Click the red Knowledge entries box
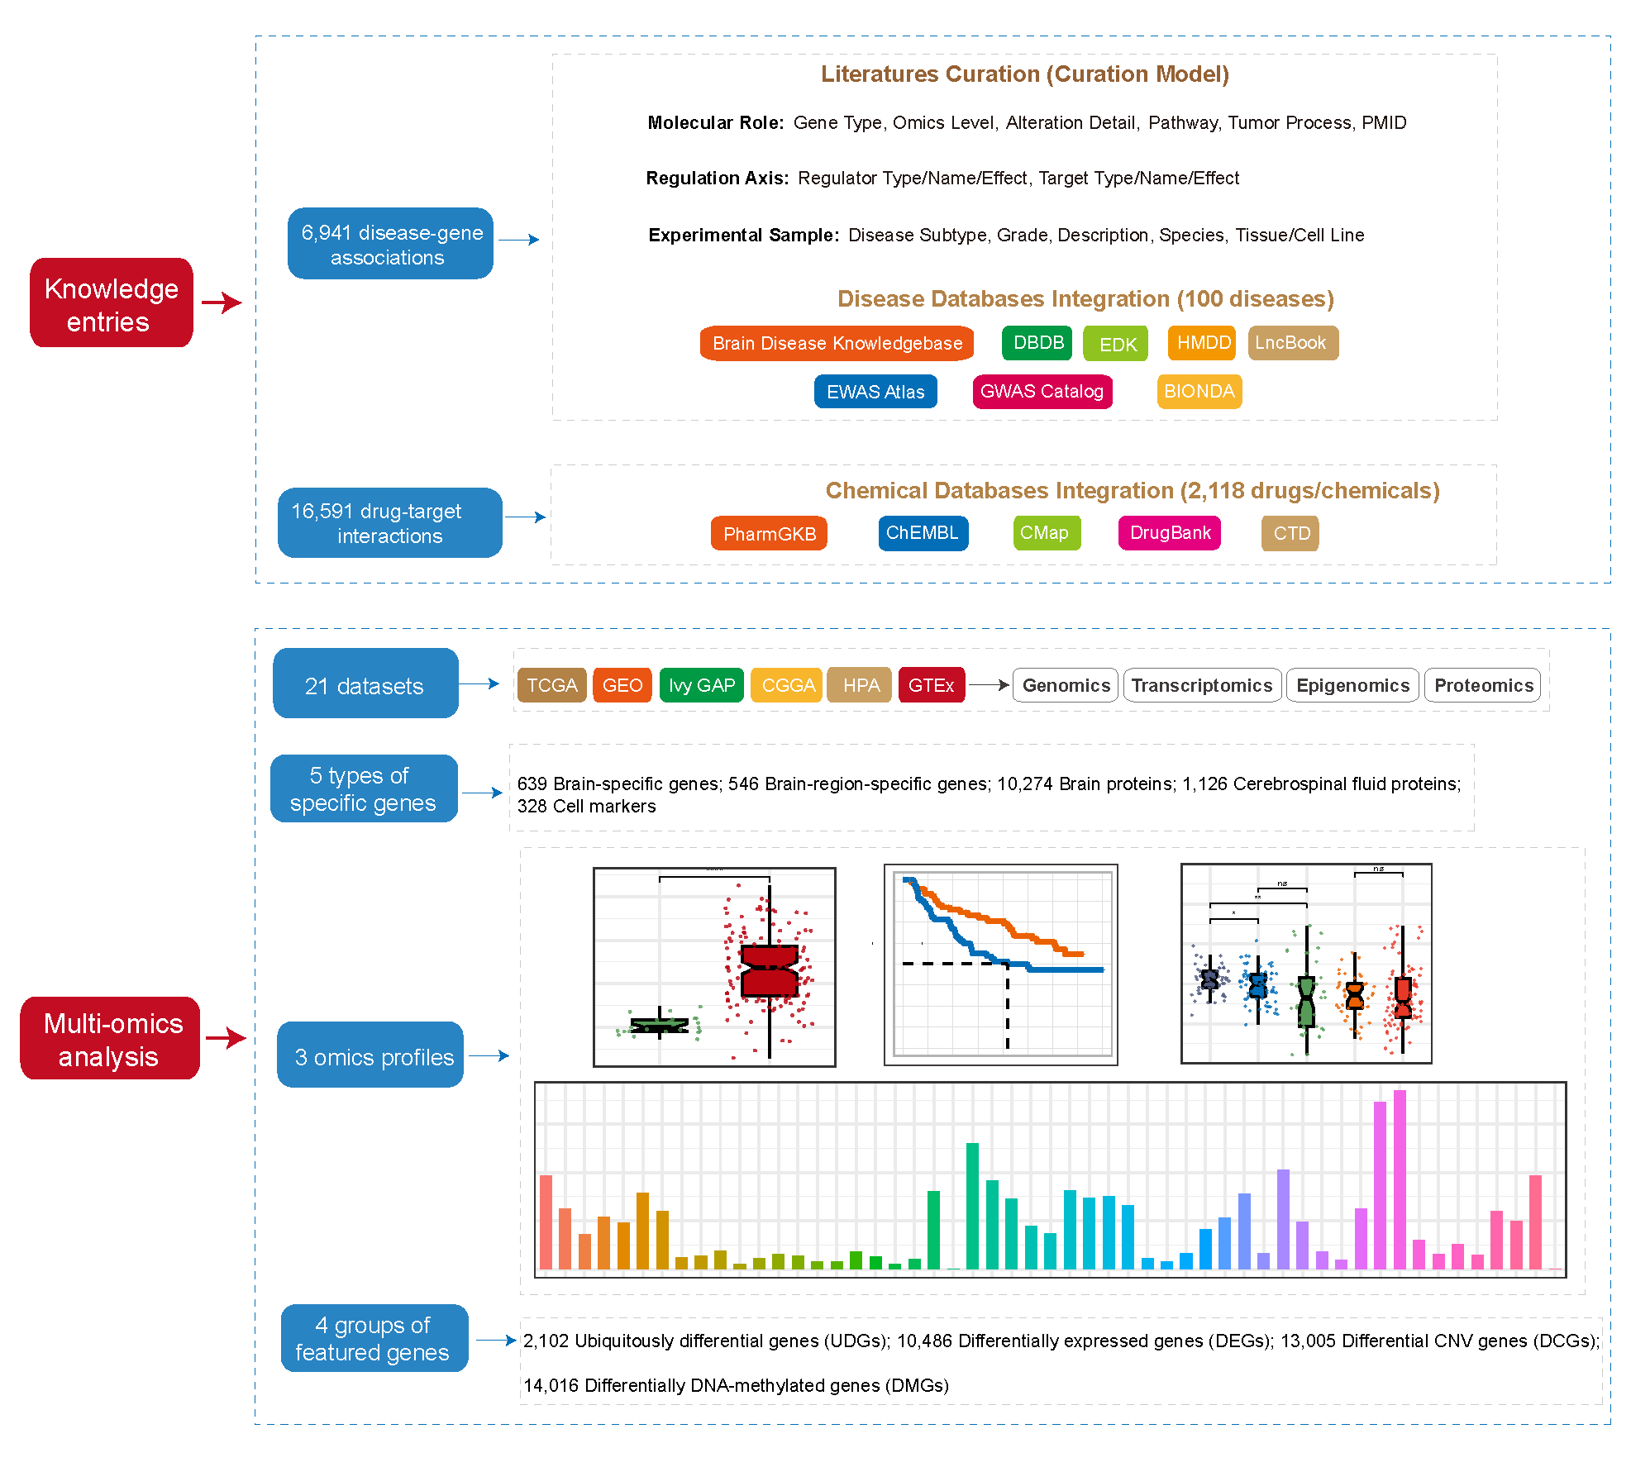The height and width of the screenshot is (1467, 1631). [112, 303]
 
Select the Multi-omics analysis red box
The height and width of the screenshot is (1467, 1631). [110, 1039]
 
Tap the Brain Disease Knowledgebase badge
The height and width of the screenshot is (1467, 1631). [837, 343]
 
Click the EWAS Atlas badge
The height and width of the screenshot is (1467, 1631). [875, 392]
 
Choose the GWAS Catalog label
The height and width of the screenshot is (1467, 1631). [1042, 392]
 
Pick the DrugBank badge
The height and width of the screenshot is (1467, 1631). [1169, 533]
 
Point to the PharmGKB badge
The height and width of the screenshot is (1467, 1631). [769, 533]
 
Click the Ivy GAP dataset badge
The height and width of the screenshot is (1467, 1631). [701, 685]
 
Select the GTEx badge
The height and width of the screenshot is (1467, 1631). [931, 685]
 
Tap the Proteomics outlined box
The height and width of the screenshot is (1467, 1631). [1483, 685]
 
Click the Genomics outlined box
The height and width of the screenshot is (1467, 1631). [1066, 685]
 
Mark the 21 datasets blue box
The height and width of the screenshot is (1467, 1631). [365, 683]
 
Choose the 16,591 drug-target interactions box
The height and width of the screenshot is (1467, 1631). [389, 523]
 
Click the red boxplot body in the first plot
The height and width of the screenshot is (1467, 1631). [770, 971]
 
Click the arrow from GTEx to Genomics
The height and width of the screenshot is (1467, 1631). [989, 685]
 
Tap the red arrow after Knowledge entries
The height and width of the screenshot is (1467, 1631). [222, 302]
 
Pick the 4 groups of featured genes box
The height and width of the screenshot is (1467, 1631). [374, 1338]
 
